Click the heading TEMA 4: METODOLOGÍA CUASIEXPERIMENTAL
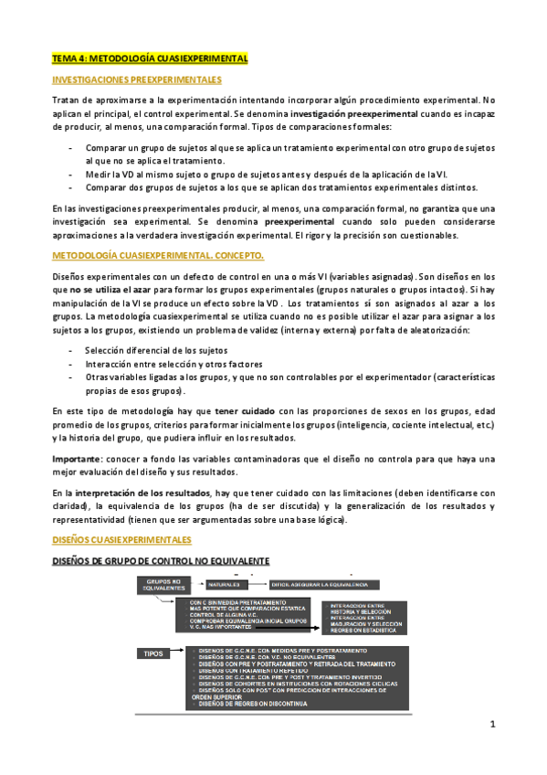tap(150, 58)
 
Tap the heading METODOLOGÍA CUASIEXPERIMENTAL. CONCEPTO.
tap(157, 254)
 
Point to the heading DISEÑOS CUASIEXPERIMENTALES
tap(122, 540)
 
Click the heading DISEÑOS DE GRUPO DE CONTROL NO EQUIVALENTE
tap(161, 561)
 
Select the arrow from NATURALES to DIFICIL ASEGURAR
tap(257, 583)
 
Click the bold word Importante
tap(76, 458)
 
